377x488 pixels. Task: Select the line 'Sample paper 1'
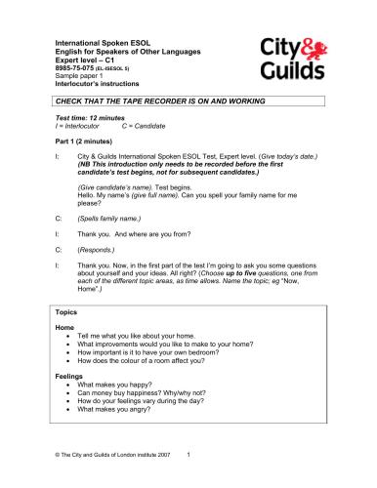81,78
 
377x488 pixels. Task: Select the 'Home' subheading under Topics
65,327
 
